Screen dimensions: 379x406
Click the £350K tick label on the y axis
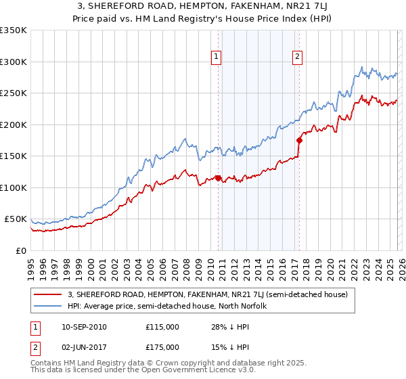pos(14,30)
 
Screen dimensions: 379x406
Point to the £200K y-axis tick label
pos(14,125)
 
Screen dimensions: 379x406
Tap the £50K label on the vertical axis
pos(16,219)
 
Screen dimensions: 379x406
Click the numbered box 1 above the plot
pos(216,58)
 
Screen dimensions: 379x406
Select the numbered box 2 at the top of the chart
pos(297,58)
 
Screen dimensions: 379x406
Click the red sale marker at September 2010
pos(218,178)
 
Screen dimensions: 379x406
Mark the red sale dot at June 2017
pos(298,140)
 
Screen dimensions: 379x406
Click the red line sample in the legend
pos(48,294)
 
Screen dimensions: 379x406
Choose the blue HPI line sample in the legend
pos(48,307)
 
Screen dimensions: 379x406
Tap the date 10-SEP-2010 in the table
pos(83,327)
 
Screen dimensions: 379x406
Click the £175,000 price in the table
pos(162,347)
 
